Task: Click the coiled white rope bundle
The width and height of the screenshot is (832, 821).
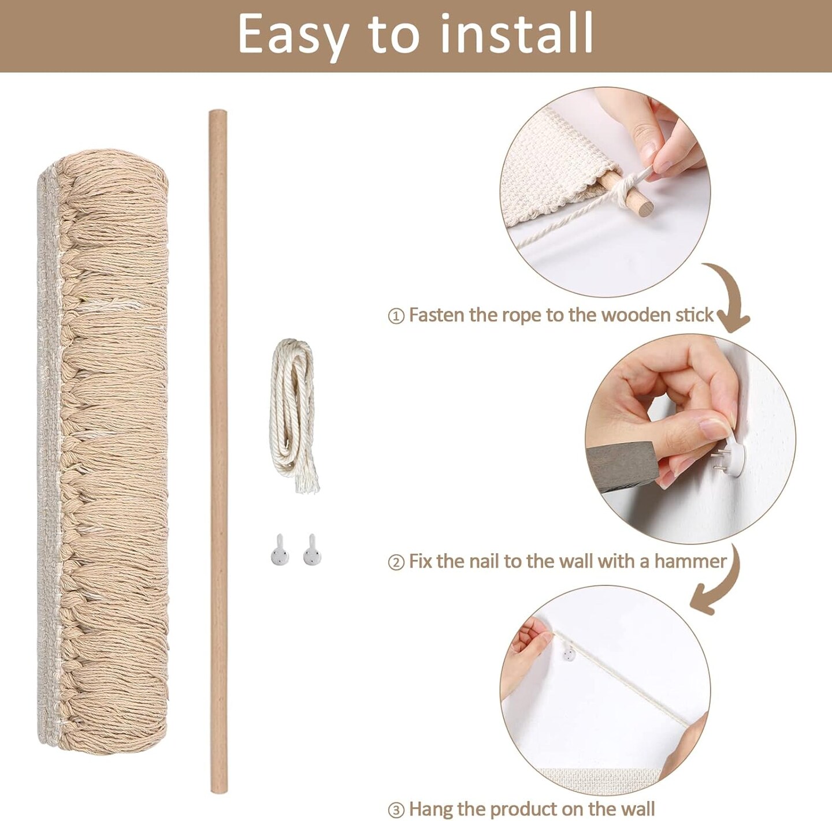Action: [294, 415]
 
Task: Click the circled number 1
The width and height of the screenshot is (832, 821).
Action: [396, 316]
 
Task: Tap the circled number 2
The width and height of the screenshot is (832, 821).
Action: [396, 563]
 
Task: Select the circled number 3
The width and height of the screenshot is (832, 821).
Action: [396, 809]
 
